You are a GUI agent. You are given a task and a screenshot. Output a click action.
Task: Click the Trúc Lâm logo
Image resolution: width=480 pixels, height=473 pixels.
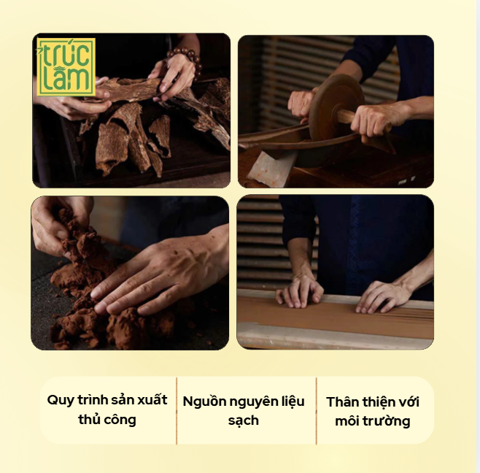66,66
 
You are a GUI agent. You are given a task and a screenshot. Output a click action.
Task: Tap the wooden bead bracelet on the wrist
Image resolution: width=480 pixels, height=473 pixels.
187,60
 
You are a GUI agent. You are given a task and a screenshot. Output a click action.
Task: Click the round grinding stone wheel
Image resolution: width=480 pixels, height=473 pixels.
336,107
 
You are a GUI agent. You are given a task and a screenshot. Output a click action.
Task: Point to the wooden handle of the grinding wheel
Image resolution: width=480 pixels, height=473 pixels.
347,117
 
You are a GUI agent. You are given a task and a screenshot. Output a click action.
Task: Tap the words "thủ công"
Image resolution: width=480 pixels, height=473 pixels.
107,420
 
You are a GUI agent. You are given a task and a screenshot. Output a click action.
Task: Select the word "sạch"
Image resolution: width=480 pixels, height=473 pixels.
244,421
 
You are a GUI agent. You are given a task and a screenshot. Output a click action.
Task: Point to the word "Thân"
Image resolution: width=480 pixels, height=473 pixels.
342,402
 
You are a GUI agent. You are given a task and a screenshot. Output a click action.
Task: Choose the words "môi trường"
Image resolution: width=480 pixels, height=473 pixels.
373,421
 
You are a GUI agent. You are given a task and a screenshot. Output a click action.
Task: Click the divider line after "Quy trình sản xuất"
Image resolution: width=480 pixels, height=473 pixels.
177,411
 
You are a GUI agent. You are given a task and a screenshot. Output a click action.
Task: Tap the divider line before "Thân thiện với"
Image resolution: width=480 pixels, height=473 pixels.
316,411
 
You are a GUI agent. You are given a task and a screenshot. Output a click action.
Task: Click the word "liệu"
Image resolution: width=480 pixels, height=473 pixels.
293,402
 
